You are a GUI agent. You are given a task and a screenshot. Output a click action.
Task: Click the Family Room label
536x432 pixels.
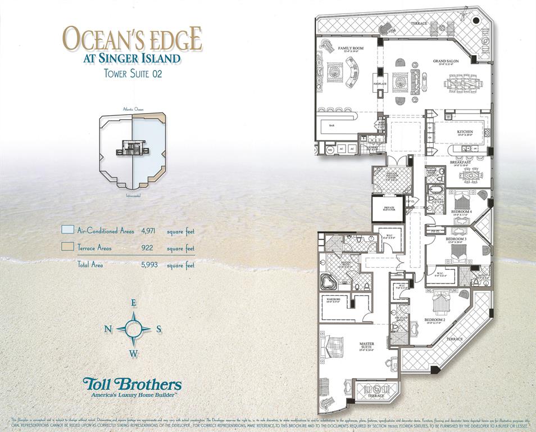click(350, 49)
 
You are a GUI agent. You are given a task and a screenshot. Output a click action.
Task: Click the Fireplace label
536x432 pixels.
click(380, 84)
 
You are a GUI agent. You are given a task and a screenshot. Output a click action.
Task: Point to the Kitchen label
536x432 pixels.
click(465, 132)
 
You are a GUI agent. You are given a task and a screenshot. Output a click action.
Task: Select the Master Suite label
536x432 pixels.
click(367, 345)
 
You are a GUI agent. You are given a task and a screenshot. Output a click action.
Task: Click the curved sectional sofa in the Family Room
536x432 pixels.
click(349, 73)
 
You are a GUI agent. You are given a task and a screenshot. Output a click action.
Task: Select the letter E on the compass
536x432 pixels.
click(134, 303)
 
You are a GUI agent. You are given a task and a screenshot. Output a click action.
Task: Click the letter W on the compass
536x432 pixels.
click(134, 353)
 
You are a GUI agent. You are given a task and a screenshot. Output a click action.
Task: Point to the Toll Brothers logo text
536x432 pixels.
click(132, 384)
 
